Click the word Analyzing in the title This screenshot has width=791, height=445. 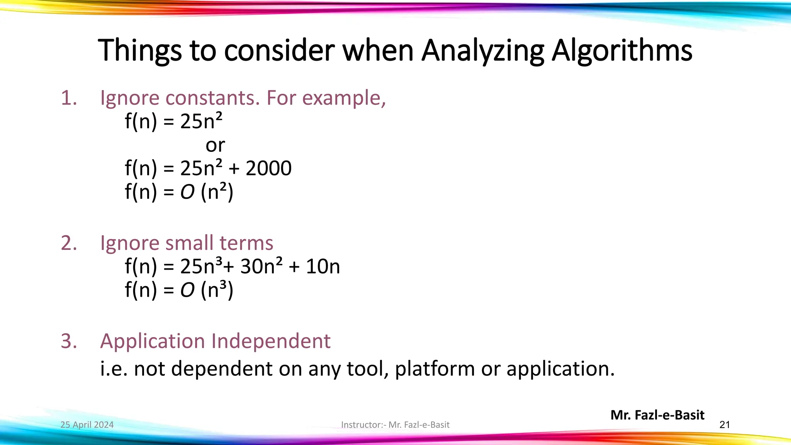click(483, 51)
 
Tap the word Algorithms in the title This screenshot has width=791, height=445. click(622, 51)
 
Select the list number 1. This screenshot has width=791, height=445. click(69, 98)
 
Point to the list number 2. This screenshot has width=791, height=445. click(69, 243)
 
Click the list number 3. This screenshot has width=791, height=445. click(69, 341)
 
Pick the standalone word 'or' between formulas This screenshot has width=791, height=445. click(215, 146)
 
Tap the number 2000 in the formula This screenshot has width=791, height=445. click(268, 168)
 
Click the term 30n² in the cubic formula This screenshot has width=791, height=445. click(261, 267)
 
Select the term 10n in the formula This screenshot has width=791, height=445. click(323, 267)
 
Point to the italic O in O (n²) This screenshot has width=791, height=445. click(187, 192)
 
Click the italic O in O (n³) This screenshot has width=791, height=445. click(187, 290)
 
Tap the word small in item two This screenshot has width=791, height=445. click(189, 243)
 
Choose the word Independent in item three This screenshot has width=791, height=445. click(271, 341)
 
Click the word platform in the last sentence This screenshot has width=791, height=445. click(435, 369)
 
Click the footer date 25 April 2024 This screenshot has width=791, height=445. click(87, 425)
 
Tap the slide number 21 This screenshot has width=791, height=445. click(725, 425)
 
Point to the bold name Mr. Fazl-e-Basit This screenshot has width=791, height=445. click(657, 415)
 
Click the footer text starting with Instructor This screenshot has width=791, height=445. click(395, 425)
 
